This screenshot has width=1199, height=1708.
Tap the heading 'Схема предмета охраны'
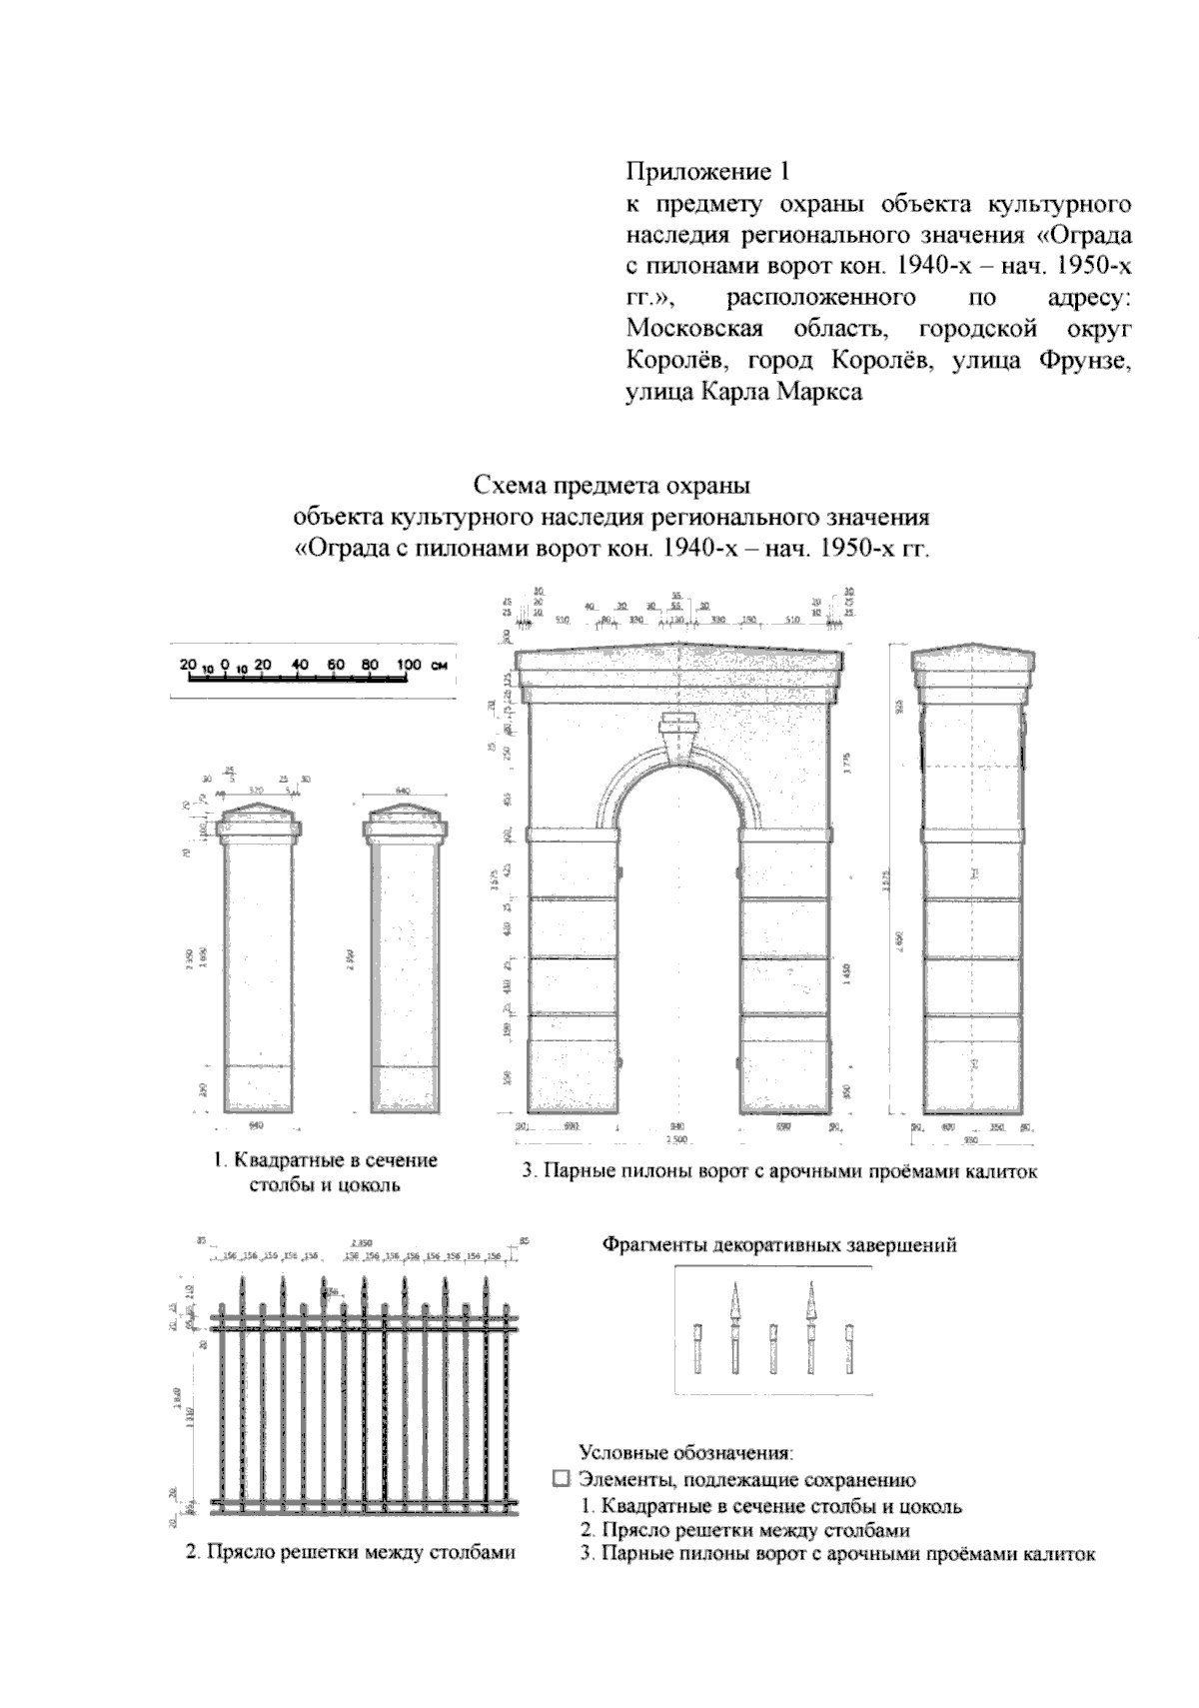pos(611,487)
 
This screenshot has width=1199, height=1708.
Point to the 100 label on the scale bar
pos(409,664)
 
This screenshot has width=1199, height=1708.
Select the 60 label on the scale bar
pos(337,664)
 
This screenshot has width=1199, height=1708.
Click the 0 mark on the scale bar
pos(227,664)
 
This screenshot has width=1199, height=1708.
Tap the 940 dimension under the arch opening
pos(676,1126)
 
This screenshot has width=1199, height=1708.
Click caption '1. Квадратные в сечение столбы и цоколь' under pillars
pos(325,1173)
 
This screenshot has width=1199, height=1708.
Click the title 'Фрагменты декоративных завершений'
pos(778,1245)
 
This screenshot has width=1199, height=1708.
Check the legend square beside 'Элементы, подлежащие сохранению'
pos(561,1479)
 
